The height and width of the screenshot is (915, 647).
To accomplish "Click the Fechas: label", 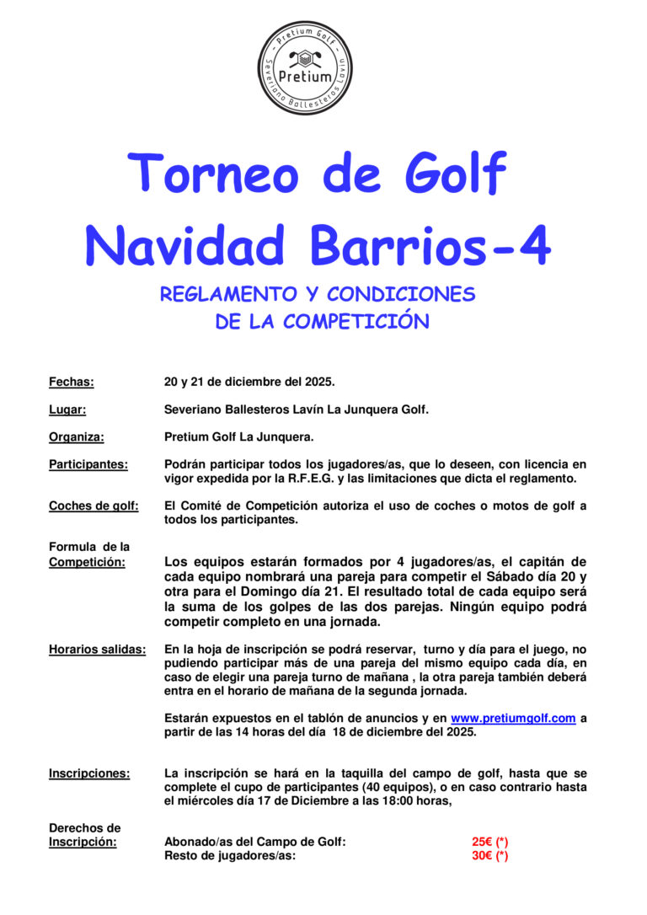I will click(72, 382).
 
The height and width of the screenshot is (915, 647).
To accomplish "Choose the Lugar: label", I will click(68, 409).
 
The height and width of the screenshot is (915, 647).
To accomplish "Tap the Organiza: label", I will click(77, 436).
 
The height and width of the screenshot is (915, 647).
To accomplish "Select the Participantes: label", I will click(88, 464).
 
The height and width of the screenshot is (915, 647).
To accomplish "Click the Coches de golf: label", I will click(94, 506).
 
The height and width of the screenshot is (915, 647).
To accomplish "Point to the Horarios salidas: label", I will click(97, 649).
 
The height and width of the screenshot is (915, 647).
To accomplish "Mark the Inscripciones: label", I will click(89, 773).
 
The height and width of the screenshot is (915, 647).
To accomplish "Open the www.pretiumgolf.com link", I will click(513, 718).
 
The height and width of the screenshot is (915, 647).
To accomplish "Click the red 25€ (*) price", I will click(489, 842).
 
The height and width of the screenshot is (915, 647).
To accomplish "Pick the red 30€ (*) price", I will click(489, 855).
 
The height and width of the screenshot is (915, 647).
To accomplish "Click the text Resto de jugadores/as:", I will click(229, 855).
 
